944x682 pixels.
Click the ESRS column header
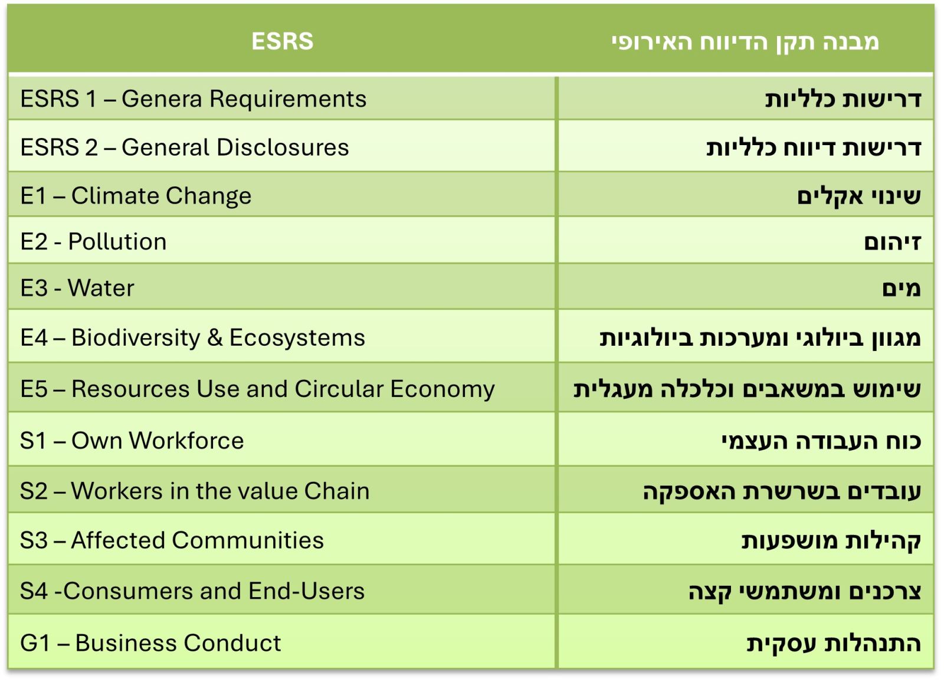(283, 41)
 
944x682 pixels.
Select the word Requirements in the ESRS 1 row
(288, 100)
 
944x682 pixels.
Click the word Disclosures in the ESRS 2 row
(283, 147)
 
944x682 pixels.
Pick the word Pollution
(117, 241)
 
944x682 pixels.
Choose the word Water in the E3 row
(101, 288)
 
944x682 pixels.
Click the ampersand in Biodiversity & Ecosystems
(215, 337)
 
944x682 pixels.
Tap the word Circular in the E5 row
(339, 388)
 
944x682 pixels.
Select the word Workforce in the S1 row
(186, 441)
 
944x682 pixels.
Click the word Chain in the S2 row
(337, 491)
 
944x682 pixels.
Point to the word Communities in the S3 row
(248, 540)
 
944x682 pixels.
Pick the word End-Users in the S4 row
(306, 591)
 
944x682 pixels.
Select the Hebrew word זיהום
(893, 242)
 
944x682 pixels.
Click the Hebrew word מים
(902, 288)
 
